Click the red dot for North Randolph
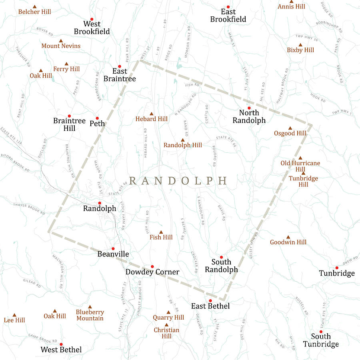(x=249, y=108)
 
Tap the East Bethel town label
(x=210, y=306)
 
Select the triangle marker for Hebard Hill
(x=152, y=114)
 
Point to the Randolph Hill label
(x=183, y=145)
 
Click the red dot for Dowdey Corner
(x=152, y=266)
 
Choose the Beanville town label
(x=113, y=254)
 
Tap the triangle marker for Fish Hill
(x=161, y=232)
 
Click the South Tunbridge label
(x=321, y=340)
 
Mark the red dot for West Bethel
(x=61, y=344)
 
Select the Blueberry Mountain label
(x=90, y=315)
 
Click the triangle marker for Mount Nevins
(x=61, y=41)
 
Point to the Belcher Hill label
(x=35, y=12)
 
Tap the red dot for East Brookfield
(x=228, y=7)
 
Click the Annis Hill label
(x=292, y=6)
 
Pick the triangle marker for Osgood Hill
(x=290, y=128)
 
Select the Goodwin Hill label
(x=288, y=242)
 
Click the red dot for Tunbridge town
(x=337, y=268)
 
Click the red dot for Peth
(x=97, y=118)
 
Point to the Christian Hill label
(x=167, y=333)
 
